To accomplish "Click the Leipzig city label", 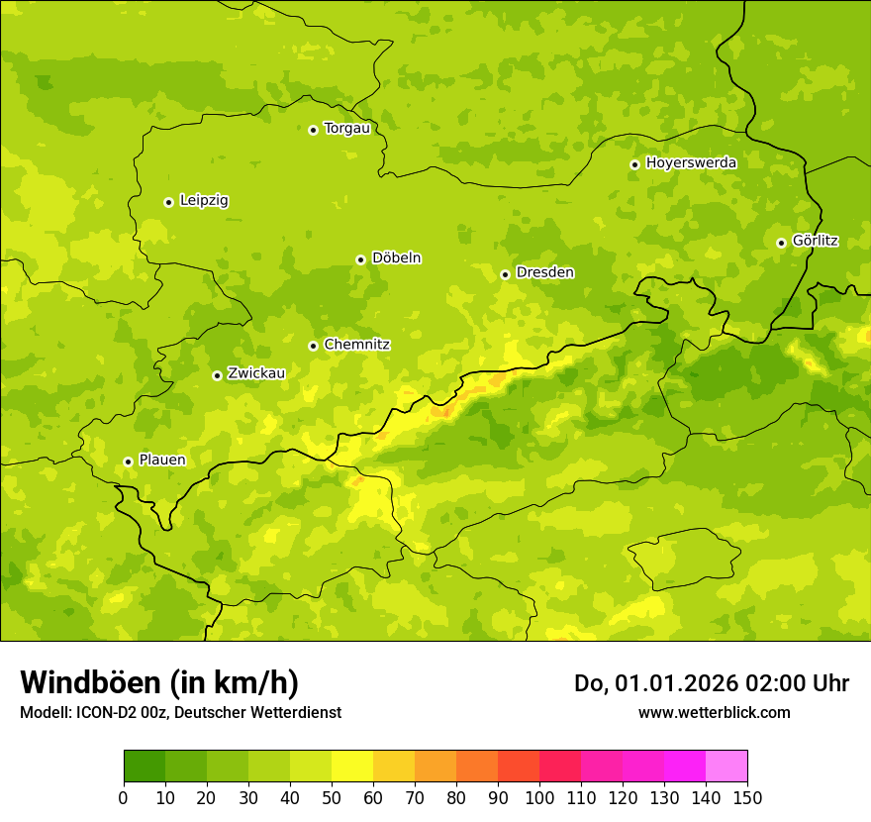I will point(204,201).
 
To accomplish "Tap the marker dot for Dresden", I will point(505,274).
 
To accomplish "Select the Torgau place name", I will point(346,129).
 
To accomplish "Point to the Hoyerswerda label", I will point(691,163).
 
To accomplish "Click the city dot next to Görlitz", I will point(781,243).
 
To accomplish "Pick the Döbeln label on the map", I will point(396,258).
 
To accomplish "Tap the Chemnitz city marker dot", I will point(313,346).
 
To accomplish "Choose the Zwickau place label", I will point(256,374).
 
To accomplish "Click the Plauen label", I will point(162,461).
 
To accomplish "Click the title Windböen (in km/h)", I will point(158,682).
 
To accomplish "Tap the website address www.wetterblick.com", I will point(714,713).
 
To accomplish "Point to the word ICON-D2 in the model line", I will point(99,713).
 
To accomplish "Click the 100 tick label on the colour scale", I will point(539,797).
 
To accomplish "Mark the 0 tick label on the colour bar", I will point(124,797).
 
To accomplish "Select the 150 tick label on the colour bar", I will point(747,797).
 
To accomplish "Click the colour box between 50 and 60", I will point(352,767).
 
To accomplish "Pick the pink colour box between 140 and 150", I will point(726,767).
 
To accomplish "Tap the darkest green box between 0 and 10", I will point(145,767).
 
